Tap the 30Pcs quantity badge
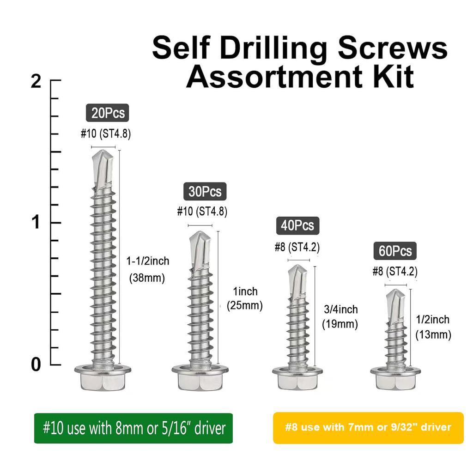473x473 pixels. point(205,191)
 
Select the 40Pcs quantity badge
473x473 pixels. point(297,225)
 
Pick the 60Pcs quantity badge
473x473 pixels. point(395,251)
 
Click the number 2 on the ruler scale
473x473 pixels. point(36,82)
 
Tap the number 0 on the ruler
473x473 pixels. point(36,364)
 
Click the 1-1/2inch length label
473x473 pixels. point(148,261)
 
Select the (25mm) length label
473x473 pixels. point(245,306)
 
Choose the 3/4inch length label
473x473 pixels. point(340,309)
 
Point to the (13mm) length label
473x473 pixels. point(433,334)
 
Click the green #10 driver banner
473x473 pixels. point(133,428)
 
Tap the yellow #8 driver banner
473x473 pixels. point(368,428)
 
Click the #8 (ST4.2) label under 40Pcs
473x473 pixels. point(297,247)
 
